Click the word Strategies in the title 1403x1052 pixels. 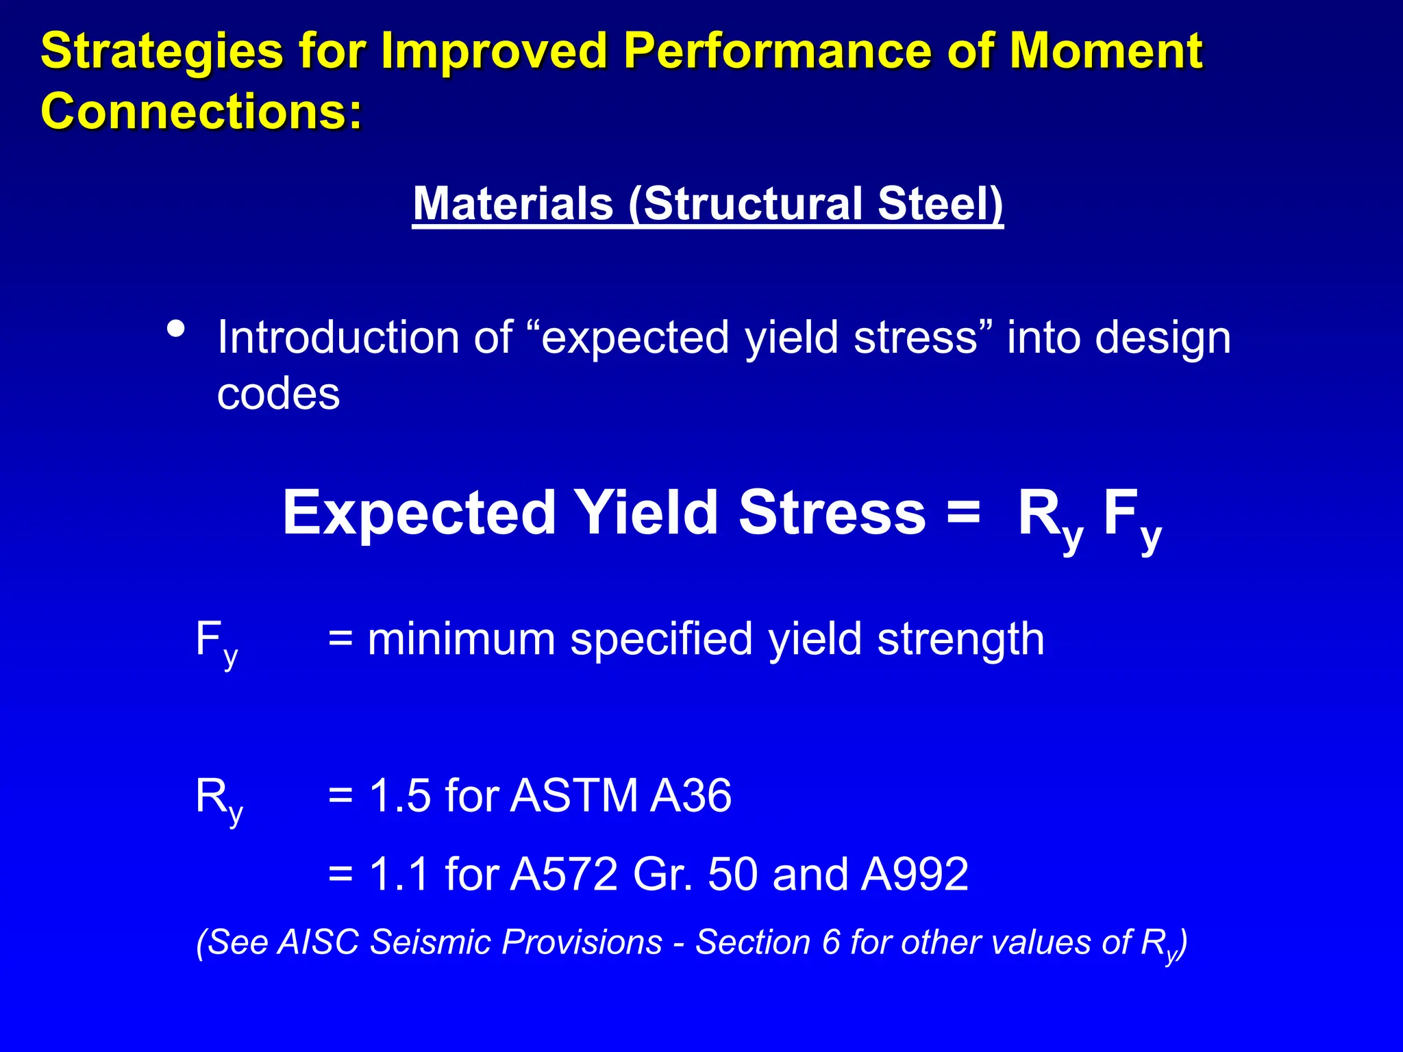tap(162, 52)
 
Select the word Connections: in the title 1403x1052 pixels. tap(201, 111)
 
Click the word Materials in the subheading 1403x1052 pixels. tap(513, 204)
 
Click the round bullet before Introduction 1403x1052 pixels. tap(176, 329)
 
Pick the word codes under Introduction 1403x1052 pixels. tap(278, 394)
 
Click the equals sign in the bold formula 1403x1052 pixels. tap(964, 512)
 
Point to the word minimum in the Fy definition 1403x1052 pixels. tap(461, 640)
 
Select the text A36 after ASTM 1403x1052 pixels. tap(691, 796)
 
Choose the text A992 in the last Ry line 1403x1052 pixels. tap(915, 875)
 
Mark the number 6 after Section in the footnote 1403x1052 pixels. tap(830, 942)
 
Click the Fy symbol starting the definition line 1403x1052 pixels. tap(216, 642)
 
